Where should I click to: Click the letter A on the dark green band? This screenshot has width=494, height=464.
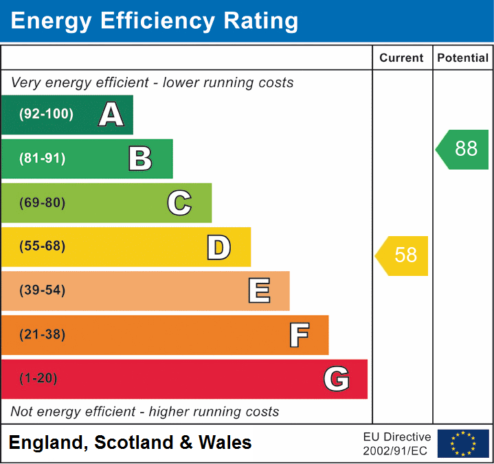(x=111, y=115)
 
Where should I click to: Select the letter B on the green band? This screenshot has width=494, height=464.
(x=140, y=159)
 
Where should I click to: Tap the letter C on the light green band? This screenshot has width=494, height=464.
(x=179, y=202)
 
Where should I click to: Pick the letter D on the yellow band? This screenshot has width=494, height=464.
(x=218, y=247)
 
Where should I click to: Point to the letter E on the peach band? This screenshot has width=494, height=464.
(x=259, y=291)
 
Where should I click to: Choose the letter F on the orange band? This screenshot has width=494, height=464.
(x=299, y=335)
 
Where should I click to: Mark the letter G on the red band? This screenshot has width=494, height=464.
(x=337, y=379)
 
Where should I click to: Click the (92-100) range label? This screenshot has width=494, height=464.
(x=46, y=115)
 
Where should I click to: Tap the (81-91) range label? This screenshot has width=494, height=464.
(x=43, y=159)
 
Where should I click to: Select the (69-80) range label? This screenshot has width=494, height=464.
(x=43, y=202)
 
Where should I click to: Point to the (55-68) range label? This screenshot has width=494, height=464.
(x=43, y=246)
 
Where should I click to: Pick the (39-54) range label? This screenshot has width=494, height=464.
(x=43, y=290)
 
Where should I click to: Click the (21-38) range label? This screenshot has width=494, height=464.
(x=43, y=335)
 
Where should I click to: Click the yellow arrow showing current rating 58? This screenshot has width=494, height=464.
(x=403, y=255)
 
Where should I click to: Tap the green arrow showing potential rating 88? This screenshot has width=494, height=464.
(x=463, y=149)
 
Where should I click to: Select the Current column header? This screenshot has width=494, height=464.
(x=402, y=58)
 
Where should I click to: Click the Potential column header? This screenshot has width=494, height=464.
(x=463, y=58)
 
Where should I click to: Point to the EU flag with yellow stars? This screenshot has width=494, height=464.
(x=463, y=443)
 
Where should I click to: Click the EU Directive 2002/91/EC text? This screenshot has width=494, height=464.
(x=397, y=443)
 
